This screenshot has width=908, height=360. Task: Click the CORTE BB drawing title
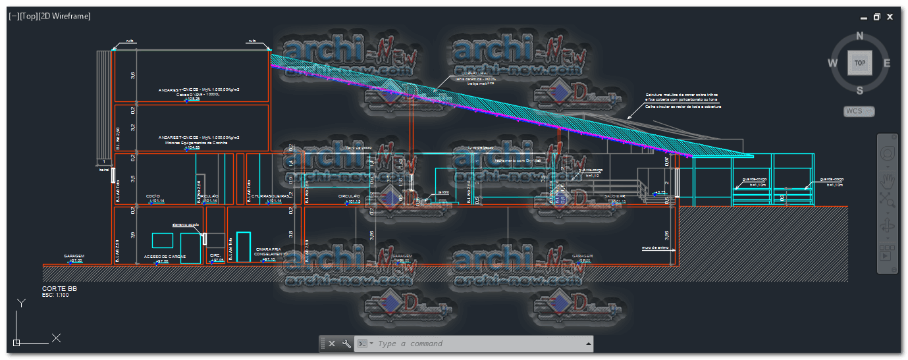tap(55, 288)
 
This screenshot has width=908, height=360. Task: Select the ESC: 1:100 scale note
tap(55, 295)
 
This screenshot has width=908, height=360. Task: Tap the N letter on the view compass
tap(859, 36)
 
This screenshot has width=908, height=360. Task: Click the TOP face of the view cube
tap(859, 63)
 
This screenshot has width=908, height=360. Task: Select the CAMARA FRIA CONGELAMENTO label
tap(271, 251)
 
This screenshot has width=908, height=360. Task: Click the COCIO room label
tap(153, 196)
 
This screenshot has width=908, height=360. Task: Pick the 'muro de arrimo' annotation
tap(654, 248)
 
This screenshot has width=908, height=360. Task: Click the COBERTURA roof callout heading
tap(474, 73)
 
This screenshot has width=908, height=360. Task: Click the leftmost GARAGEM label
tap(74, 256)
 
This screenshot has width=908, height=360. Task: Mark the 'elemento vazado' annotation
tap(186, 225)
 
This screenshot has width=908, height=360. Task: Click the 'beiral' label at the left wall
tap(104, 170)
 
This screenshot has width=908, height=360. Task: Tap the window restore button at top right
tap(876, 17)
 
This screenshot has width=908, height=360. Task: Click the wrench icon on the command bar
tap(346, 344)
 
